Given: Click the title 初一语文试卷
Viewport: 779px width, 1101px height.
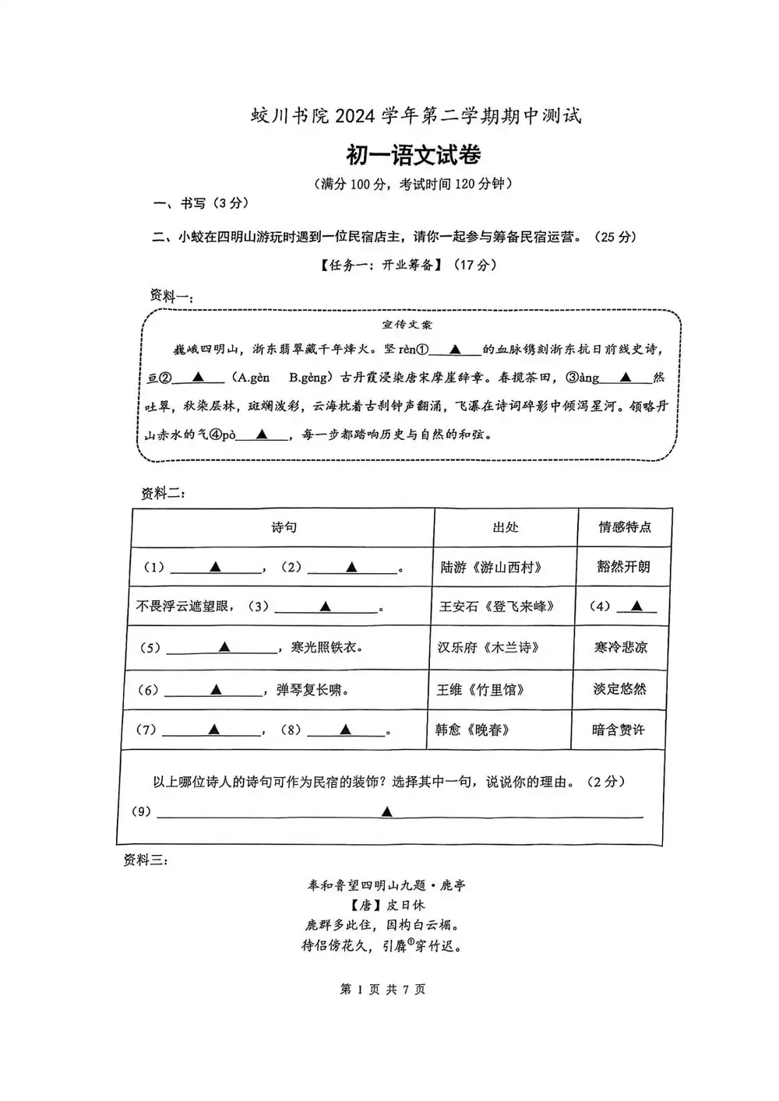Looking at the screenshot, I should [x=413, y=156].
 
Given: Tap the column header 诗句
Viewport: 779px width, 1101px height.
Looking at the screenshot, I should [x=284, y=528].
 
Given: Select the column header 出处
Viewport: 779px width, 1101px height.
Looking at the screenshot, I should [x=506, y=528].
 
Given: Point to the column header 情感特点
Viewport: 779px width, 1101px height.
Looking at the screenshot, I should [x=624, y=528].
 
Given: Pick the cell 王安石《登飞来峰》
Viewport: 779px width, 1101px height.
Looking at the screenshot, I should [x=496, y=606].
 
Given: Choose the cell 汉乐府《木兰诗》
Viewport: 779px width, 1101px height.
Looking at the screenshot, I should [x=488, y=647].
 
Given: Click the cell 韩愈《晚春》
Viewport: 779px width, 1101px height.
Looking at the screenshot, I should [x=473, y=730].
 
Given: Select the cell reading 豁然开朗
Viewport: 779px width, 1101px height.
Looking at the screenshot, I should [x=623, y=567].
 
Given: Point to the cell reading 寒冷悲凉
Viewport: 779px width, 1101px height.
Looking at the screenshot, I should [x=621, y=647].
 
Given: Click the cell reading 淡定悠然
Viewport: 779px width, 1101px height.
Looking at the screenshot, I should [x=619, y=689].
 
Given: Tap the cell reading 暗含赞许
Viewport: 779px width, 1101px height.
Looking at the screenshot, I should [x=618, y=730].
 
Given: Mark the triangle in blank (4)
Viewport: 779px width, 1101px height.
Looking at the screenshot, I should [x=637, y=606].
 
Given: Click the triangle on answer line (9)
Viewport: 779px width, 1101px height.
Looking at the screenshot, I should [x=386, y=812].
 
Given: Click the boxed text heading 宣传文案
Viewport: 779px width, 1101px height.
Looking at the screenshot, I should [x=407, y=325].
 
